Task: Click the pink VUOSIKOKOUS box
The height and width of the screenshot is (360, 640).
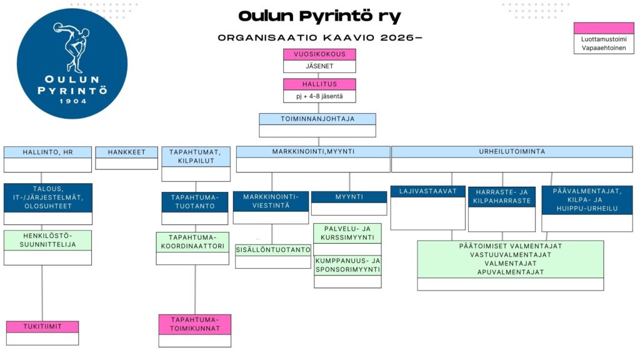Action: [319, 54]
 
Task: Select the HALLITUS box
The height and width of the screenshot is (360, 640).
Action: [319, 84]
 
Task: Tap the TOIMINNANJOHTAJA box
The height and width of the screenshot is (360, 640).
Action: [317, 119]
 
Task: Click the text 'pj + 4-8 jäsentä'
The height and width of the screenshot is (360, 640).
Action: [319, 96]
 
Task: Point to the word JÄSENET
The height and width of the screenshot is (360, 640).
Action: [319, 66]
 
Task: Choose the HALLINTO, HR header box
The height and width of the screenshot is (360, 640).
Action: [47, 152]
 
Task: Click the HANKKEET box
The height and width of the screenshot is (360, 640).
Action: [126, 152]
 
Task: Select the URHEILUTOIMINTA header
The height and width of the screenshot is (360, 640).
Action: [512, 152]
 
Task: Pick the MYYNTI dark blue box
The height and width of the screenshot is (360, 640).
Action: [349, 197]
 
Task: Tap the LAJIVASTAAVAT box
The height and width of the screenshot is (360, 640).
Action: [428, 191]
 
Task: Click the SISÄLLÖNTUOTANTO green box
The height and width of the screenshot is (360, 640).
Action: [273, 250]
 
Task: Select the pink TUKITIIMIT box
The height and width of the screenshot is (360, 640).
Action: [42, 326]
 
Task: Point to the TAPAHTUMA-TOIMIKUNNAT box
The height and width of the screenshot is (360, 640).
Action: [194, 324]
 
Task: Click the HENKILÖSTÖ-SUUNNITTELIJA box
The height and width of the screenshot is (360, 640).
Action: [47, 240]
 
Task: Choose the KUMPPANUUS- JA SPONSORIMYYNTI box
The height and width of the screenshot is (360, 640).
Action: [347, 266]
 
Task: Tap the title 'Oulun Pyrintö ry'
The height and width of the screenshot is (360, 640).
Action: [319, 16]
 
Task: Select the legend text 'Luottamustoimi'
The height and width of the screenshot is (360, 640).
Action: [603, 39]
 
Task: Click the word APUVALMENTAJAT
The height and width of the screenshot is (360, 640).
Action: [511, 272]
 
